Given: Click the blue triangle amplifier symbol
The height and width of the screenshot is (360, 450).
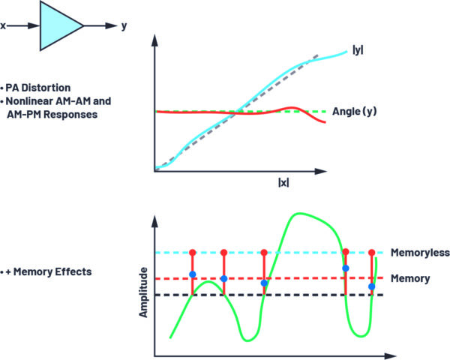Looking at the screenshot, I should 60,25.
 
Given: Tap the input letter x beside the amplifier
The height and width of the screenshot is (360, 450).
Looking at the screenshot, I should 4,25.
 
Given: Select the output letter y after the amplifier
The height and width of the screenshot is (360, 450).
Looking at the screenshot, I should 123,25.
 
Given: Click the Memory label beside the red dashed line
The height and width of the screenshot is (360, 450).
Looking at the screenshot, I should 409,278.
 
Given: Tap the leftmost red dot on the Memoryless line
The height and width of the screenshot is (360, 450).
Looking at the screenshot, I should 193,253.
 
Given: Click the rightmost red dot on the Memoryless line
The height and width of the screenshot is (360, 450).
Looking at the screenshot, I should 372,253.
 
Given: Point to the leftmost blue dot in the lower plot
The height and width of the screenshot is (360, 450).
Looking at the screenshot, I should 193,274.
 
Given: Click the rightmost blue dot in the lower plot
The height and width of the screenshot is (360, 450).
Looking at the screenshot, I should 372,286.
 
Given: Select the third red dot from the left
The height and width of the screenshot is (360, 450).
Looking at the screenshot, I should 263,253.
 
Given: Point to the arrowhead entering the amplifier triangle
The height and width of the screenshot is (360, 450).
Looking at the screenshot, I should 35,25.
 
